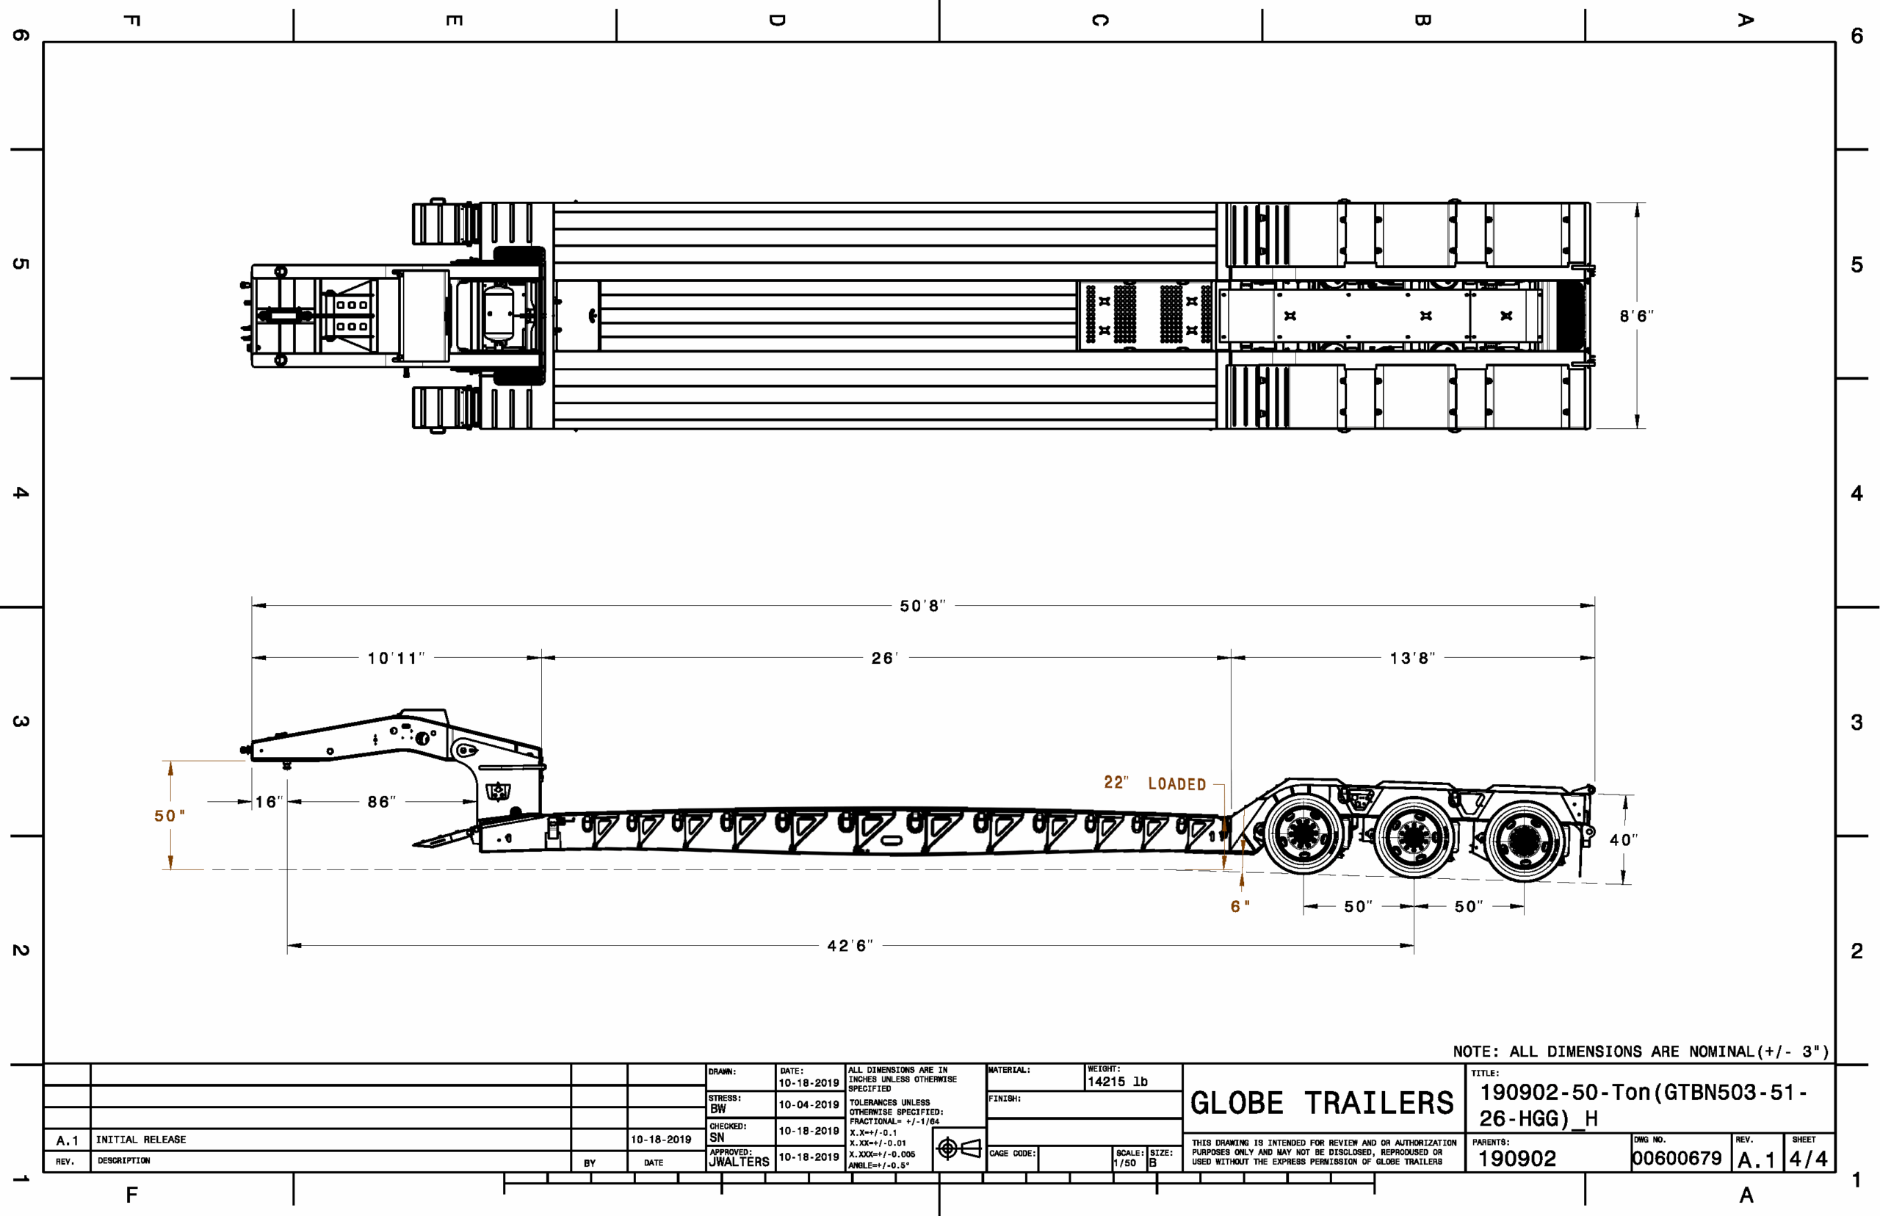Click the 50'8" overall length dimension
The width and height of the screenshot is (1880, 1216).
click(922, 606)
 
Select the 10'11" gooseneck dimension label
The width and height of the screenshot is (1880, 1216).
click(396, 658)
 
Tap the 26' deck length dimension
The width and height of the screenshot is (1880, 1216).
click(884, 658)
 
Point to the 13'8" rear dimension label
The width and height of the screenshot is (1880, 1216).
click(1411, 658)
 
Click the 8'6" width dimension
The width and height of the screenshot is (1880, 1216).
click(1636, 316)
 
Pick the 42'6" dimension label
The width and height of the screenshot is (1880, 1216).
click(850, 945)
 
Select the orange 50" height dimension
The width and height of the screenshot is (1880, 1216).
click(170, 815)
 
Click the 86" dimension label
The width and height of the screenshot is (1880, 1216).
click(381, 801)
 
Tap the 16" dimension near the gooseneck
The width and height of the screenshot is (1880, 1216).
click(269, 801)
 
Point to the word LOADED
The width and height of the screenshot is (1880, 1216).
click(1176, 783)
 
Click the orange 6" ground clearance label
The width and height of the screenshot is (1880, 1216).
click(1240, 905)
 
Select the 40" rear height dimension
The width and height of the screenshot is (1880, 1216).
click(1624, 839)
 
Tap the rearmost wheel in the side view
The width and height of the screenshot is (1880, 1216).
click(1524, 841)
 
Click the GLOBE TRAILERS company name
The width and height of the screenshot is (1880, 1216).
click(1322, 1103)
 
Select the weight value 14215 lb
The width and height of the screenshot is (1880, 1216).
click(1117, 1081)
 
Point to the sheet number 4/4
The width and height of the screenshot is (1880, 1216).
click(1808, 1159)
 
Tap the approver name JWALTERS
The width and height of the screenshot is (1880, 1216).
click(738, 1162)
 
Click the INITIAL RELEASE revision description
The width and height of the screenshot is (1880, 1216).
click(141, 1140)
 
